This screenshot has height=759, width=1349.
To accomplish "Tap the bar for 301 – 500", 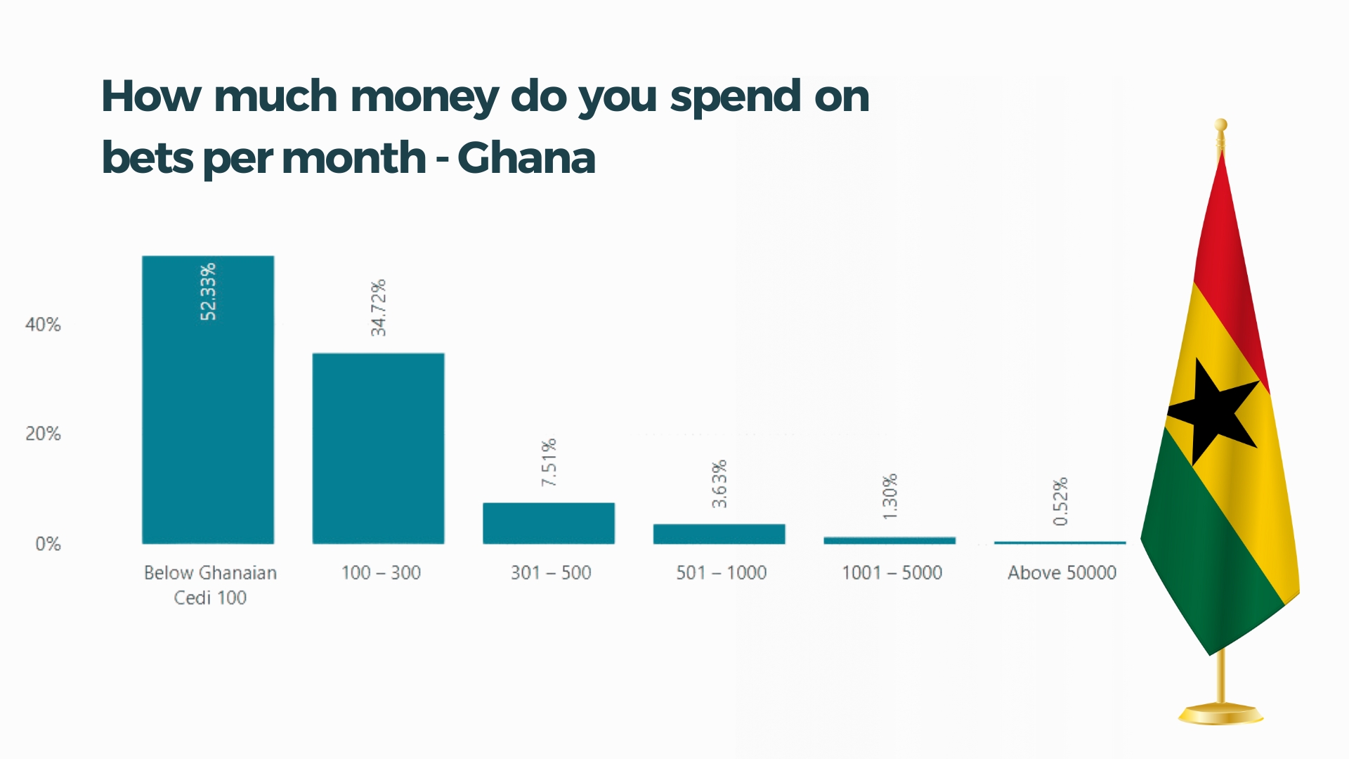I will (549, 523).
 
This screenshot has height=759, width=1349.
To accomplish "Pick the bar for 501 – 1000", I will (719, 534).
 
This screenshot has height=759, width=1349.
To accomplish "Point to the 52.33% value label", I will (209, 292).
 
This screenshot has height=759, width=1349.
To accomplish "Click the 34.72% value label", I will (379, 308).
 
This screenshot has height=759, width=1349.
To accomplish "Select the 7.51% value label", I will (549, 462).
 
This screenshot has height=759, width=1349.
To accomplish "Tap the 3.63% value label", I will (719, 484).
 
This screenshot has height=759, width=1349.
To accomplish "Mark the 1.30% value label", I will (890, 497).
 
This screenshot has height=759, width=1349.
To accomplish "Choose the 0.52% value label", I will (1061, 501).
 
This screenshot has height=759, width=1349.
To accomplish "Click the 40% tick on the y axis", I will (43, 325).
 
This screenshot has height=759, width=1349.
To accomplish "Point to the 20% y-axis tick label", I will (43, 434).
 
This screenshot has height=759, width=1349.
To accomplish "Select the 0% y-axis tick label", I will (48, 544).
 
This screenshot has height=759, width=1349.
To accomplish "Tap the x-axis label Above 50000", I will (1062, 573).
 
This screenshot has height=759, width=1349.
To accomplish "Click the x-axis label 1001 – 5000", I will (892, 573).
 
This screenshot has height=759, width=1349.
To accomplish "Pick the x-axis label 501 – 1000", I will (721, 573).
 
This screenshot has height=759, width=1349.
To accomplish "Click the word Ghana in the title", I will (526, 157).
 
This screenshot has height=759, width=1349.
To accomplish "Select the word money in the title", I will (424, 97).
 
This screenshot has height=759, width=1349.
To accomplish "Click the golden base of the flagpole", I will (1221, 714).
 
